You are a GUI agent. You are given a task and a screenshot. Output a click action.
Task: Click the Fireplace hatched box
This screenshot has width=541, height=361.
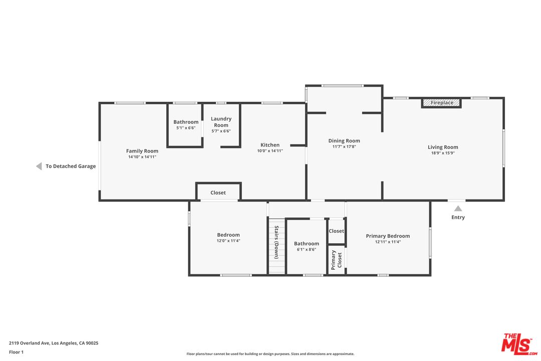pos(441,103)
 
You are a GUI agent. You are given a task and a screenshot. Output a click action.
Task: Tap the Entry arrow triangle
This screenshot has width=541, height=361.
pos(458,208)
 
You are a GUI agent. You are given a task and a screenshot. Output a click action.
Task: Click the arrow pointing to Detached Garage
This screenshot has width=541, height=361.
pos(39,166)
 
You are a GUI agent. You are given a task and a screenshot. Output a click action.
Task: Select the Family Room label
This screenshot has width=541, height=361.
pos(142,151)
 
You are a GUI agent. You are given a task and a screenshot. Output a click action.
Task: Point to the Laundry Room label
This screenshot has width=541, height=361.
pos(221,122)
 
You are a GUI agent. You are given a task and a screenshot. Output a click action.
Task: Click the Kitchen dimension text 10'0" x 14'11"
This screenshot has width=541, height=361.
pos(270,150)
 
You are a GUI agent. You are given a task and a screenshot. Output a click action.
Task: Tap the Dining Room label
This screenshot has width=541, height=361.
pos(344,140)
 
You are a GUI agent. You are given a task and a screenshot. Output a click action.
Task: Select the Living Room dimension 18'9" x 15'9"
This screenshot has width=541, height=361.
pos(443,153)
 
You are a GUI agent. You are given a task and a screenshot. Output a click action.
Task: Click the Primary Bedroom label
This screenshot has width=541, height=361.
pos(388,236)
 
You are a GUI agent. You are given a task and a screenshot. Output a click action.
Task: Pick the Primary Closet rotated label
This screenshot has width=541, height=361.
pos(336,260)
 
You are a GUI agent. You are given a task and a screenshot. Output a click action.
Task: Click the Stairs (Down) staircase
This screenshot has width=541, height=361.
pos(277,246)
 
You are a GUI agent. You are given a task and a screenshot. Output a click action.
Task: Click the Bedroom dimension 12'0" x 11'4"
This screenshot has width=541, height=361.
pos(228,241)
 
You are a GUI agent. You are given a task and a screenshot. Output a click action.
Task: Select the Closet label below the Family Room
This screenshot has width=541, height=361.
pos(218,193)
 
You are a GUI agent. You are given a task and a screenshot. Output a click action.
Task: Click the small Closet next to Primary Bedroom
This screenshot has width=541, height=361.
pos(336,231)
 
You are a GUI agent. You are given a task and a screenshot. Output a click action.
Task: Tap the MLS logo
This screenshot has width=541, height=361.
pos(519,344)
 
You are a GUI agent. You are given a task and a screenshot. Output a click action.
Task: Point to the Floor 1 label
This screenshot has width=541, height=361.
pos(16,352)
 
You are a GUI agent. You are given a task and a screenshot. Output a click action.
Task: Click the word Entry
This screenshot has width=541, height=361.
pos(458,217)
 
